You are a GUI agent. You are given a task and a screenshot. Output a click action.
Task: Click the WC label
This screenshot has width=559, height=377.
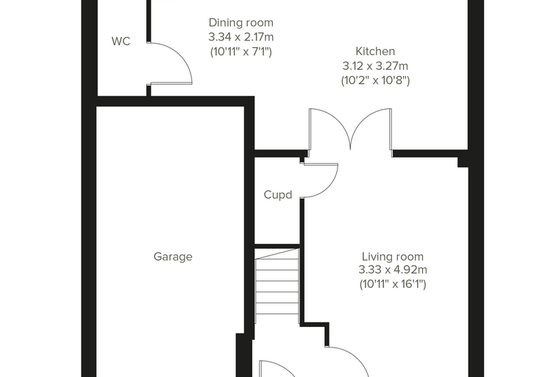click(121, 41)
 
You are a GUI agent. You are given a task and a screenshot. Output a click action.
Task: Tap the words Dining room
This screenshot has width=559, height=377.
click(241, 23)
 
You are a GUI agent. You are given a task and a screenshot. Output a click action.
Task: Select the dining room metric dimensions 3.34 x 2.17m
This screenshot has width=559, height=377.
click(241, 37)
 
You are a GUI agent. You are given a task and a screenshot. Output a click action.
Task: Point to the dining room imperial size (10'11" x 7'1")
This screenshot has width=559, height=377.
click(241, 52)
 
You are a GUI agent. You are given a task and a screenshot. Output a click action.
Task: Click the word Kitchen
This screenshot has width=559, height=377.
click(375, 52)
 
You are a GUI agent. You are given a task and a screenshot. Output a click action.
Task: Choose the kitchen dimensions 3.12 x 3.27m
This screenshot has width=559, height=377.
click(375, 66)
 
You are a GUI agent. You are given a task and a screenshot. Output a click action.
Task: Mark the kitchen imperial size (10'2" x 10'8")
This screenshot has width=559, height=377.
click(375, 81)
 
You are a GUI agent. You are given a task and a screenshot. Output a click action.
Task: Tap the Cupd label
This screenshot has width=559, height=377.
click(278, 195)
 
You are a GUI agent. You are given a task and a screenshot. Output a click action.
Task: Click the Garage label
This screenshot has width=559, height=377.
click(173, 257)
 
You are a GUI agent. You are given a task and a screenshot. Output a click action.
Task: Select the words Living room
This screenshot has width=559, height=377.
click(393, 257)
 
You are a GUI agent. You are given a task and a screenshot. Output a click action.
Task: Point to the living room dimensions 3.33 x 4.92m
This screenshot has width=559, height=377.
click(393, 269)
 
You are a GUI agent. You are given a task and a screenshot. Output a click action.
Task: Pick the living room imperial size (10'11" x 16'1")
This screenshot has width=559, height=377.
click(393, 284)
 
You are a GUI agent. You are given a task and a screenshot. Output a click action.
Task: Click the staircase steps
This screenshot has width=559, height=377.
click(277, 286)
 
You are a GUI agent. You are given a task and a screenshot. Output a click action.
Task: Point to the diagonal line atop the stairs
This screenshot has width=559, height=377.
click(277, 254)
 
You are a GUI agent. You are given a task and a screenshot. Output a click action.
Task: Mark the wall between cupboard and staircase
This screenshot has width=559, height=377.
click(277, 247)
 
